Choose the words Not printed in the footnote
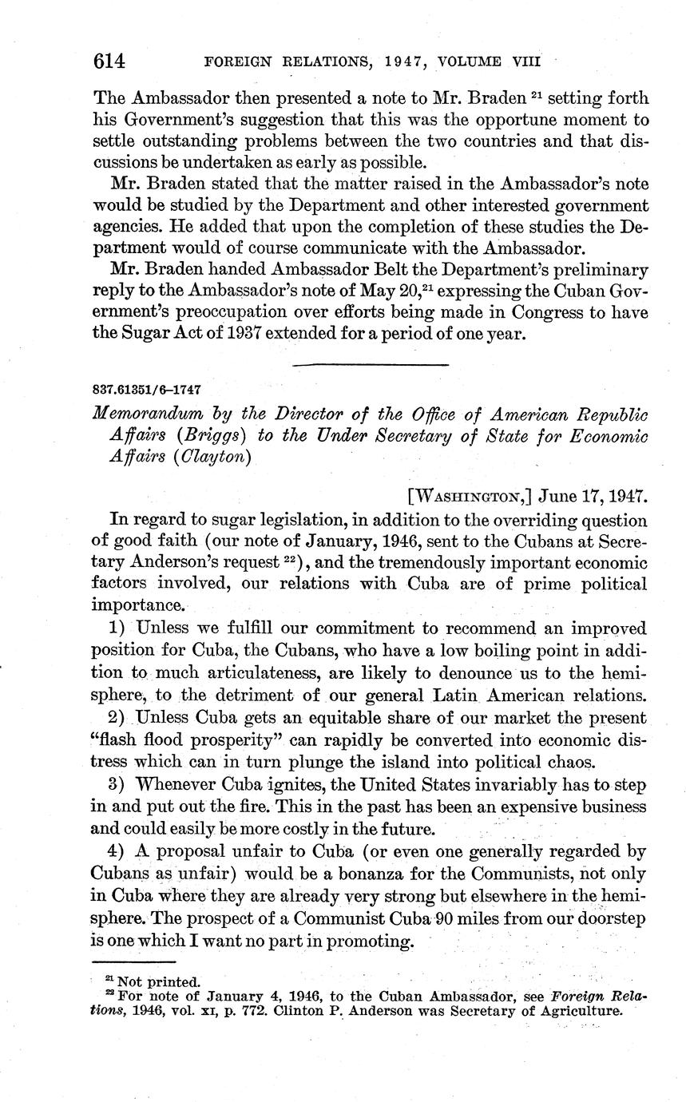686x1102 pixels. pyautogui.click(x=160, y=981)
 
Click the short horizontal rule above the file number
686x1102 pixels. pyautogui.click(x=370, y=365)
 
